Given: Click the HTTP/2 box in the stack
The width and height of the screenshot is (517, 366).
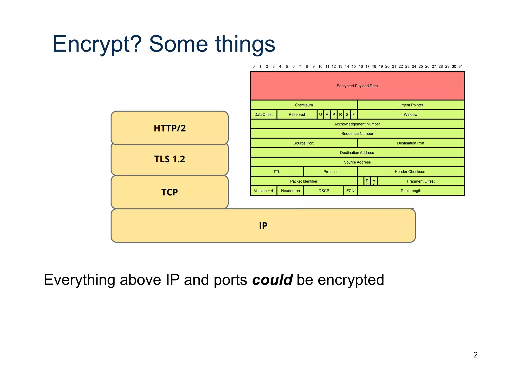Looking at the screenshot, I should [x=170, y=128].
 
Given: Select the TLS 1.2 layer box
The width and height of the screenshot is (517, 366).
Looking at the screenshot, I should [x=170, y=159].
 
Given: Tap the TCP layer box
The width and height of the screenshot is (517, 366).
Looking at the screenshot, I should [x=170, y=192].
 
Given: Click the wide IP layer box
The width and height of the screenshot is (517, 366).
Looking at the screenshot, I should [x=263, y=225].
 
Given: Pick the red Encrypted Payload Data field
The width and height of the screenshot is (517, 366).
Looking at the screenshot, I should [x=357, y=86].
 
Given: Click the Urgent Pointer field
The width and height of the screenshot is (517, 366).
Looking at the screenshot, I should [x=410, y=105].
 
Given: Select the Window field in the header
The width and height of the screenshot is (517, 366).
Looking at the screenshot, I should [x=410, y=115].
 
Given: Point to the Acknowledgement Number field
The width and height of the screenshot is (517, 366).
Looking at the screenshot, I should [x=357, y=124].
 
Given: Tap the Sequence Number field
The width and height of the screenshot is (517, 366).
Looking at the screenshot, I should [x=357, y=134].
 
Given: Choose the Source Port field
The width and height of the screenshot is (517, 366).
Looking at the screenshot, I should [x=303, y=143].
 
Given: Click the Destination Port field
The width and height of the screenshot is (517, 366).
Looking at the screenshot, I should [x=410, y=143].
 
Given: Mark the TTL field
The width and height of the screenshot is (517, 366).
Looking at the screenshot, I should [x=277, y=172].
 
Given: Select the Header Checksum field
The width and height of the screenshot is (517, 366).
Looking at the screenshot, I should [x=410, y=172].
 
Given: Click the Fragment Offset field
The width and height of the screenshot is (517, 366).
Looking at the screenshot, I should [x=421, y=181].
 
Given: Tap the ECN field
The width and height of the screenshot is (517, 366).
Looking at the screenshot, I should [x=350, y=191].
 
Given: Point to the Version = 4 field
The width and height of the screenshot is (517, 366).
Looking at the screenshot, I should [x=263, y=191].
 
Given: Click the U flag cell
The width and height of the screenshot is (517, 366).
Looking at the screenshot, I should [x=320, y=115].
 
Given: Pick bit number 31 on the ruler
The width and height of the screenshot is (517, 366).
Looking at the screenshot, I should [x=461, y=67].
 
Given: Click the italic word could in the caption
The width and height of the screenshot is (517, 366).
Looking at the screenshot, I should [x=272, y=280].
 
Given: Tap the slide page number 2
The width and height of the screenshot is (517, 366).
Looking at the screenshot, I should [x=475, y=355].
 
